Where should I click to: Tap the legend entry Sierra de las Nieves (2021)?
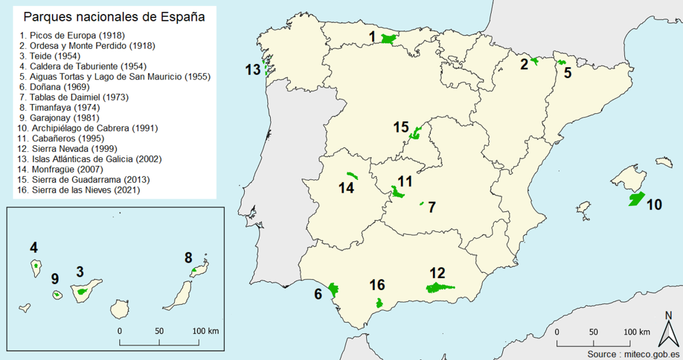coord(80,190)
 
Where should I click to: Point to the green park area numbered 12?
coord(438,287)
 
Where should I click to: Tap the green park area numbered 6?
coord(331,289)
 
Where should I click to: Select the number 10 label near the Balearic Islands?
coord(654,205)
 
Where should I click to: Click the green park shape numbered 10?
coord(636,199)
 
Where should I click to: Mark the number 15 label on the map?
coord(401,127)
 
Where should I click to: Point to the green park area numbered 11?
coord(399,193)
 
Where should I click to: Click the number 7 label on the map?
coord(432,207)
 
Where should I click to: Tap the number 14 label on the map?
coord(346,188)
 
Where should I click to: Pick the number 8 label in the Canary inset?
coord(189,257)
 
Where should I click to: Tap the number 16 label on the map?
coord(377,285)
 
